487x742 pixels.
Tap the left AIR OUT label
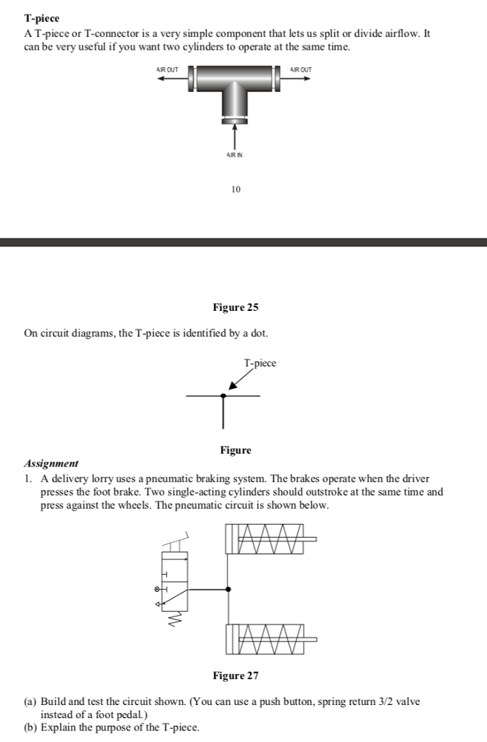pyautogui.click(x=167, y=69)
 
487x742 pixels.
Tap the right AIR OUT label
pyautogui.click(x=301, y=69)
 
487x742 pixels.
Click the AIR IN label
pyautogui.click(x=233, y=154)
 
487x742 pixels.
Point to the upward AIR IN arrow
pyautogui.click(x=234, y=136)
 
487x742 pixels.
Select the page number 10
pyautogui.click(x=236, y=189)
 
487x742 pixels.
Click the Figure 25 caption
pyautogui.click(x=236, y=308)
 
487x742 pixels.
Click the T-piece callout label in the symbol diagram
pyautogui.click(x=260, y=363)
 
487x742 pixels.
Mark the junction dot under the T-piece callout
pyautogui.click(x=223, y=396)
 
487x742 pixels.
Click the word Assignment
pyautogui.click(x=51, y=464)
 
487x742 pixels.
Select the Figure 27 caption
pyautogui.click(x=236, y=676)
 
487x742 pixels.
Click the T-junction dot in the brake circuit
pyautogui.click(x=228, y=589)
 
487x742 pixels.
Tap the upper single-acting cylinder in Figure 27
pyautogui.click(x=267, y=539)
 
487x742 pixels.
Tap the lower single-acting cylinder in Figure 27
pyautogui.click(x=267, y=639)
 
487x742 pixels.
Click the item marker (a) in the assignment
pyautogui.click(x=30, y=702)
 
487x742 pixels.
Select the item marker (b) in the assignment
pyautogui.click(x=30, y=728)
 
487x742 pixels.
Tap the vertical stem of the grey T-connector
pyautogui.click(x=234, y=101)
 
